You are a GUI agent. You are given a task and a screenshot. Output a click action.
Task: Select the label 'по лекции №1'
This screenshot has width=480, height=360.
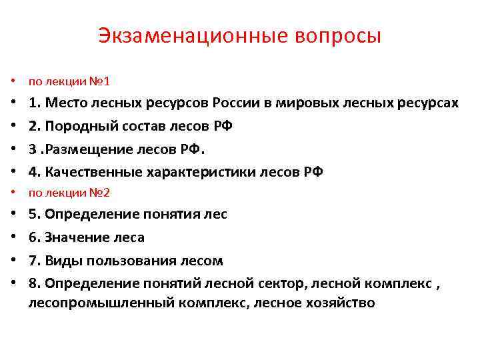tap(69, 82)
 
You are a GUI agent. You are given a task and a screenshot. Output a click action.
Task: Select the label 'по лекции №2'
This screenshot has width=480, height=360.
tap(69, 193)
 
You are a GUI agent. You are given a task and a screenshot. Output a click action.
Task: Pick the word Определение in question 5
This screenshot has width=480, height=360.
tap(90, 214)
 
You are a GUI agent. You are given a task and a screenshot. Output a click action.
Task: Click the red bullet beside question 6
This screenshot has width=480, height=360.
tap(13, 237)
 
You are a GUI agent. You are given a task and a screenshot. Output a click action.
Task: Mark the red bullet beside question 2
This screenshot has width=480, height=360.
tap(13, 126)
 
